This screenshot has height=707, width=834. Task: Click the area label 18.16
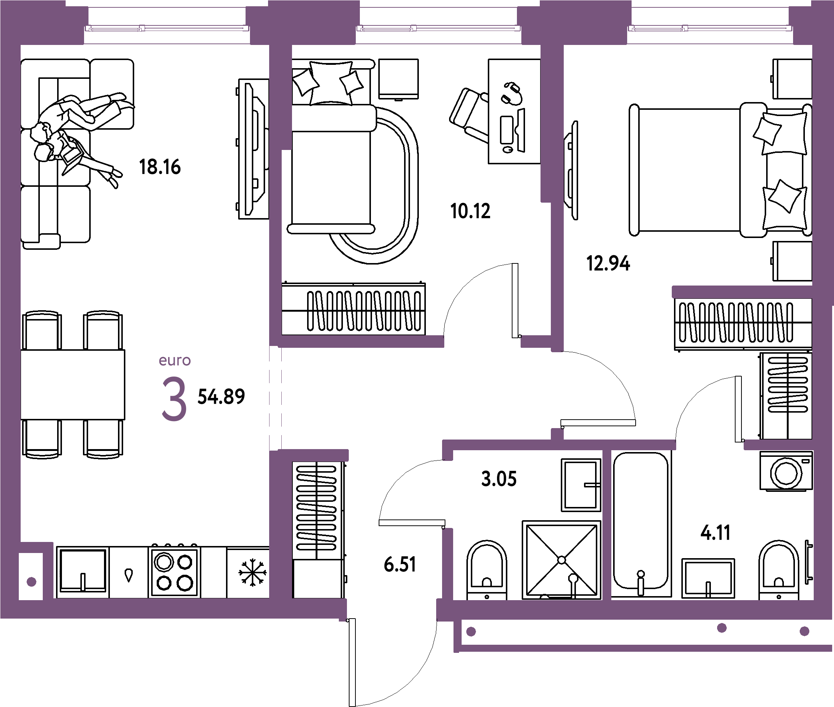pos(160,167)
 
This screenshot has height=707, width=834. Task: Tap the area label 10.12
pos(470,211)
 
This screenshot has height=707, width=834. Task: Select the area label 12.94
pos(608,263)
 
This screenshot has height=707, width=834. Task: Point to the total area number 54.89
pos(221,397)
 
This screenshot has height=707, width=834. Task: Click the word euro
pos(174,361)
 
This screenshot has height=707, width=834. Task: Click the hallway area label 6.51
pos(400,564)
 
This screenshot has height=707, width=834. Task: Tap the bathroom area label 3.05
pos(499,479)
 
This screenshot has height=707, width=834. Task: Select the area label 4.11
pos(715,533)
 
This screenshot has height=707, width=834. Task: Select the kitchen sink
pos(83,571)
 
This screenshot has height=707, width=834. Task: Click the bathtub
pos(641,523)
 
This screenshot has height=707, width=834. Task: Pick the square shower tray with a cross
pos(561,560)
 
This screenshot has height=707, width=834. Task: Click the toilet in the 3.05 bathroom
pos(487,570)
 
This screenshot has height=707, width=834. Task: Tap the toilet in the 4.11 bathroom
pos(779,570)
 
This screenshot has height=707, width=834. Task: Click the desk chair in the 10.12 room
pos(469,114)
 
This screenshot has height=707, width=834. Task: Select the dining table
pos(73,385)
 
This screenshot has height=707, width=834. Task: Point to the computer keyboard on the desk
pos(507,130)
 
